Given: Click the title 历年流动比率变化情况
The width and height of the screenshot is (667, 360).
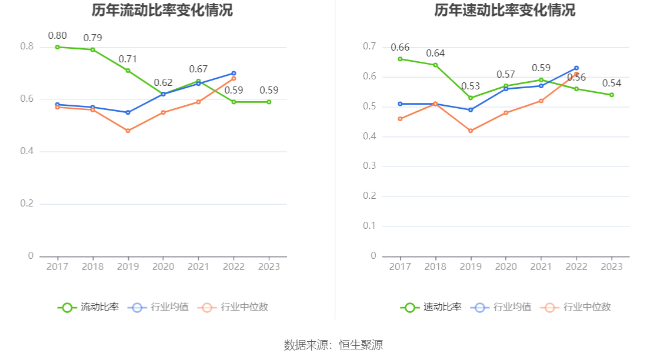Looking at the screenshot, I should [x=162, y=11].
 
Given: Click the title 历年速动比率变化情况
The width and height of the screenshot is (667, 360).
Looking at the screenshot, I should [x=505, y=11].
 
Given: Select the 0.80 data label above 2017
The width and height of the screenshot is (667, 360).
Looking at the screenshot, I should [x=57, y=35].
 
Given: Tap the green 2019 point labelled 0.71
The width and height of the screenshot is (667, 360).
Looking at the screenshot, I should [x=128, y=71].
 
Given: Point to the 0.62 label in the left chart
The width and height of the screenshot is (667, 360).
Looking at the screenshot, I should [x=163, y=82].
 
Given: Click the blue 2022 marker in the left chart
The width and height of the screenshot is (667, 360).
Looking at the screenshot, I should [x=234, y=74].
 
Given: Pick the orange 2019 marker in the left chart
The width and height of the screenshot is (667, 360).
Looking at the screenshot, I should [x=128, y=131].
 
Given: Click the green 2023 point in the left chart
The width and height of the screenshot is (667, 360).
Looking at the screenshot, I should [x=269, y=102].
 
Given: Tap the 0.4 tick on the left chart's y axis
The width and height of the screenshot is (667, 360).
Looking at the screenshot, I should [x=27, y=152].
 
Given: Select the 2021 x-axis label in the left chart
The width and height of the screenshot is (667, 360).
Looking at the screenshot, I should [x=198, y=266].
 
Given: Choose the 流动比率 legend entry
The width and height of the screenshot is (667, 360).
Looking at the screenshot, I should [x=88, y=307].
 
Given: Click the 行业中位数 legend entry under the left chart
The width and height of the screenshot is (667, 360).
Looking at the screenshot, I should [x=233, y=307].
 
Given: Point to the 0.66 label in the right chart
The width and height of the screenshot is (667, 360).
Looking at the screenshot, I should [x=400, y=48].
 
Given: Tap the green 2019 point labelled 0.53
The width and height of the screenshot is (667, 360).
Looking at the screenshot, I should [x=471, y=98].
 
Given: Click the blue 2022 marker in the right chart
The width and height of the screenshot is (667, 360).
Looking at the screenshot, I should [x=576, y=68].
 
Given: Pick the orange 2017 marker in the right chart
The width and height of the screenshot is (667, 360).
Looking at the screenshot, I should [x=400, y=119].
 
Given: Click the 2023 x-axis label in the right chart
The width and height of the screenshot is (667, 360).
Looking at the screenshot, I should [x=612, y=266].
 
